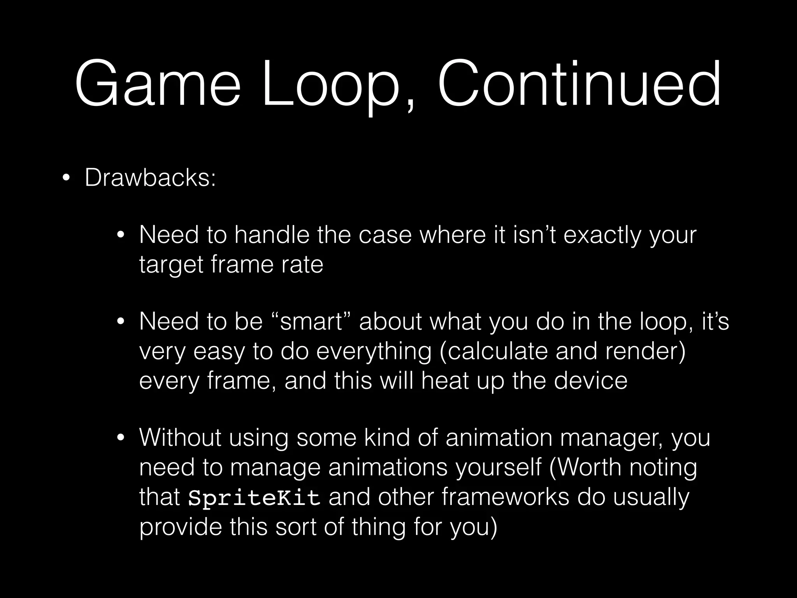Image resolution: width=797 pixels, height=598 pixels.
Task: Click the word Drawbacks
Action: pos(150,178)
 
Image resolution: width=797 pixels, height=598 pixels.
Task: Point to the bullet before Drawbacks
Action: pos(66,179)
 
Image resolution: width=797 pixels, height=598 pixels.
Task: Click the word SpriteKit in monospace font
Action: pos(254,498)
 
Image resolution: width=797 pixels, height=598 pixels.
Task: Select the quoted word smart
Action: pos(311,322)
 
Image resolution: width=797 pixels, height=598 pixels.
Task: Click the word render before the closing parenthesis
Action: pos(643,351)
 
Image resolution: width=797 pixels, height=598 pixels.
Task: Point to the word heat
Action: pos(444,380)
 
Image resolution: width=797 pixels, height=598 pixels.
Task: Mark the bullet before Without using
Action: pos(121,438)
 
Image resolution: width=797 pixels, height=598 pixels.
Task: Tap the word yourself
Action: pos(499,467)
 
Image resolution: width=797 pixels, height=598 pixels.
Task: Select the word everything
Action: pos(374,351)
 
